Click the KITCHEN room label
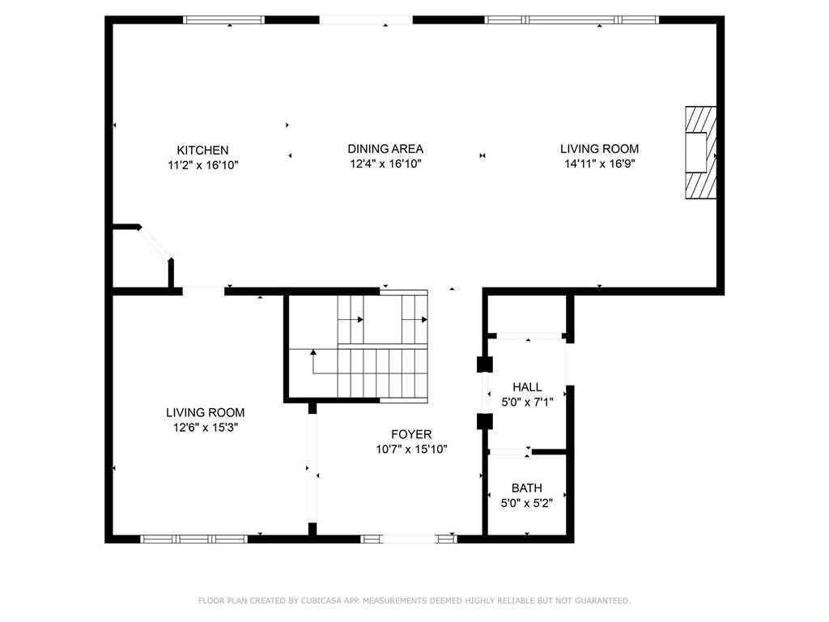[x=202, y=150]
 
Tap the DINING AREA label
[x=385, y=149]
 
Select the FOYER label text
[x=411, y=435]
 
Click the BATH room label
[x=526, y=488]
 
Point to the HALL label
[x=527, y=387]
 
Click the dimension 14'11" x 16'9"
[x=600, y=164]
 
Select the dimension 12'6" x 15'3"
[x=206, y=428]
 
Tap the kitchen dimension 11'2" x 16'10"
[x=203, y=165]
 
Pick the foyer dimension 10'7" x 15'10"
[x=412, y=449]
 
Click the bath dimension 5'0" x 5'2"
[x=527, y=503]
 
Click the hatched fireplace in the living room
[x=701, y=153]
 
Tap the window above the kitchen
[x=223, y=20]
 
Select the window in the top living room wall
[x=572, y=20]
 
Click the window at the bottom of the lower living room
[x=194, y=539]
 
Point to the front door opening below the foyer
[x=409, y=539]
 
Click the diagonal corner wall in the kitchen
[x=155, y=243]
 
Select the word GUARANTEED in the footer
[x=604, y=601]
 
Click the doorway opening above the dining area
[x=366, y=20]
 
